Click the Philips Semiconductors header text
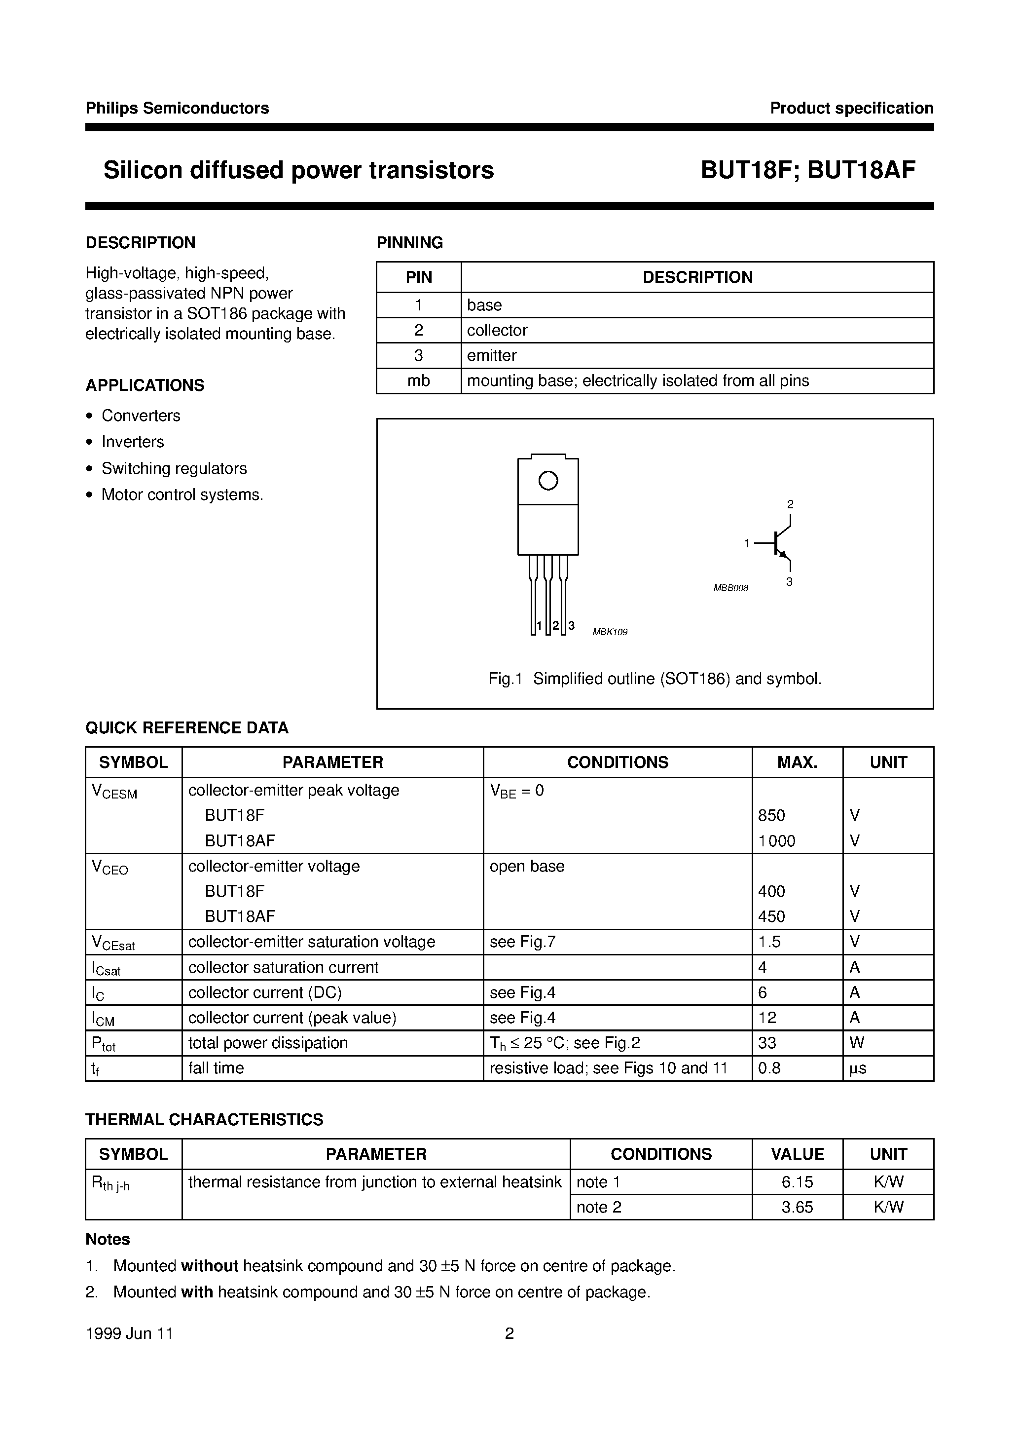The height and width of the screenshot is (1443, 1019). [177, 108]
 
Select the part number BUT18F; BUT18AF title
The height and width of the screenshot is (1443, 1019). [808, 170]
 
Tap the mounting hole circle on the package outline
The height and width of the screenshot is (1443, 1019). [548, 481]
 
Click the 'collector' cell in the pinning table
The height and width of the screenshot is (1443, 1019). [497, 330]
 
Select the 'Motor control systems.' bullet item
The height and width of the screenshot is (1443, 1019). [182, 494]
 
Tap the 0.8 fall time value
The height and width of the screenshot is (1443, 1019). [769, 1068]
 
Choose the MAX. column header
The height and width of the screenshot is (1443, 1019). [797, 762]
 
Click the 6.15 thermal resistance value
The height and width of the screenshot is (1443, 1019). [797, 1182]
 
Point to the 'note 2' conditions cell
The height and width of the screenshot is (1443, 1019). [599, 1207]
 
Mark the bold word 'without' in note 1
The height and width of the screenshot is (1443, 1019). [209, 1266]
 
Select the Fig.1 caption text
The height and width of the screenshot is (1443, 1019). [655, 679]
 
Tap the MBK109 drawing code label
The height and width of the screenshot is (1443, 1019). [610, 632]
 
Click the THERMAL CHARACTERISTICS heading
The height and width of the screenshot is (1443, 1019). [204, 1119]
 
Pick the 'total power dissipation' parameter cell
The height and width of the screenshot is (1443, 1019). [268, 1043]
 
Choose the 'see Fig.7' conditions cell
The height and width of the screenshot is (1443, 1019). [522, 942]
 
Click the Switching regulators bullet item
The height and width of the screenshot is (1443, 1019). [174, 468]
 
